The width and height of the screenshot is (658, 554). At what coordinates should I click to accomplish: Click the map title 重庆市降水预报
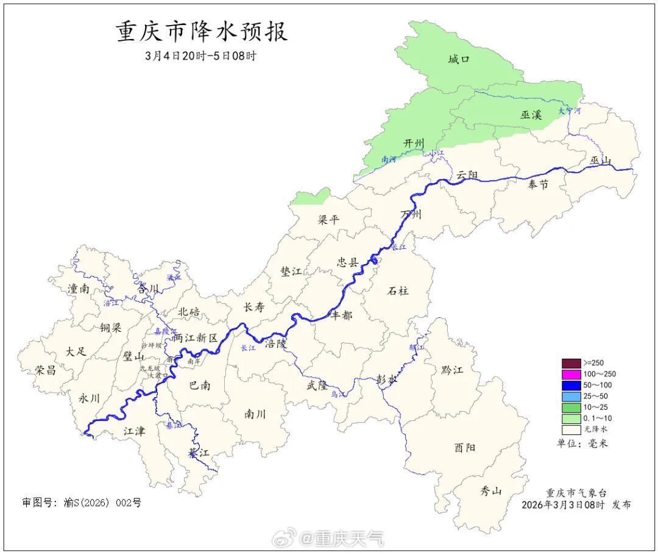[202, 32]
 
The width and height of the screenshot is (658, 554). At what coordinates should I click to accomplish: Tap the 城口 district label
[459, 59]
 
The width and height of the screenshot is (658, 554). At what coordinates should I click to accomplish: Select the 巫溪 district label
[531, 114]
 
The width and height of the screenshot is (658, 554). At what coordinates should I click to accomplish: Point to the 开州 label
[414, 143]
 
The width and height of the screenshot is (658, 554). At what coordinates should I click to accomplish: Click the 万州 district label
[411, 214]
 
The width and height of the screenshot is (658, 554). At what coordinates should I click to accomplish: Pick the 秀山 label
[490, 490]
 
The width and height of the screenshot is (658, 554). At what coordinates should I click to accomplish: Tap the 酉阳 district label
[465, 447]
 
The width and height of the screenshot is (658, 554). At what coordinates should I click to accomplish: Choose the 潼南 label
[79, 289]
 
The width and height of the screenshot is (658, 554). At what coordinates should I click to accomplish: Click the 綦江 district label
[199, 453]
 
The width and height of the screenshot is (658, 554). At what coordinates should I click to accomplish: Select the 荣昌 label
[45, 370]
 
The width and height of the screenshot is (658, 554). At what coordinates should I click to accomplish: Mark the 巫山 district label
[600, 160]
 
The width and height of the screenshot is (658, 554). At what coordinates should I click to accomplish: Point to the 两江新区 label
[195, 337]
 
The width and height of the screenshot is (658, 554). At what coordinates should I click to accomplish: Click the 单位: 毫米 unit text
[582, 444]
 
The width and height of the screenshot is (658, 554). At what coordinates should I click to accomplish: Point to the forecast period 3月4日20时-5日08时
[201, 56]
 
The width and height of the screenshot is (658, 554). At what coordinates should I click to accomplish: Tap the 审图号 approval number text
[82, 503]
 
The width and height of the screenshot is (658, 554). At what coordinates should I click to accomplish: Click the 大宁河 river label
[570, 111]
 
